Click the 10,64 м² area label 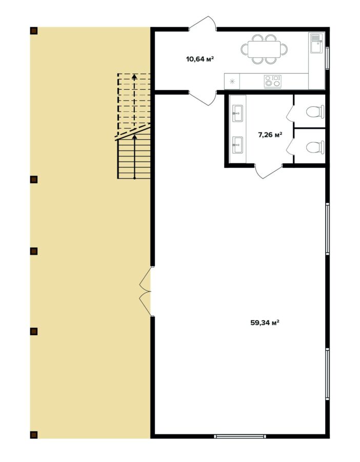coord(199,59)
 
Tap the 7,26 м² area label coord(270,135)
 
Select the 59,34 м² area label coord(265,322)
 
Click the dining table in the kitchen coord(264,49)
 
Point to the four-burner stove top coord(272,81)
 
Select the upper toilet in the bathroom coord(315,112)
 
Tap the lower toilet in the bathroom coord(315,147)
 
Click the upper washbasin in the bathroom coord(238,113)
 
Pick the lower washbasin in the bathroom coord(238,145)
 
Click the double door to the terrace coord(146,292)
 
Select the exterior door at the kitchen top coord(203,23)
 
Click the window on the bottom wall coord(239,436)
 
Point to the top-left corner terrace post coord(34,31)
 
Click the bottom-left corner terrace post coord(34,435)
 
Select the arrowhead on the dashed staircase coord(134,76)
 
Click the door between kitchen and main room coord(203,98)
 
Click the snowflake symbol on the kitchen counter coord(232,82)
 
